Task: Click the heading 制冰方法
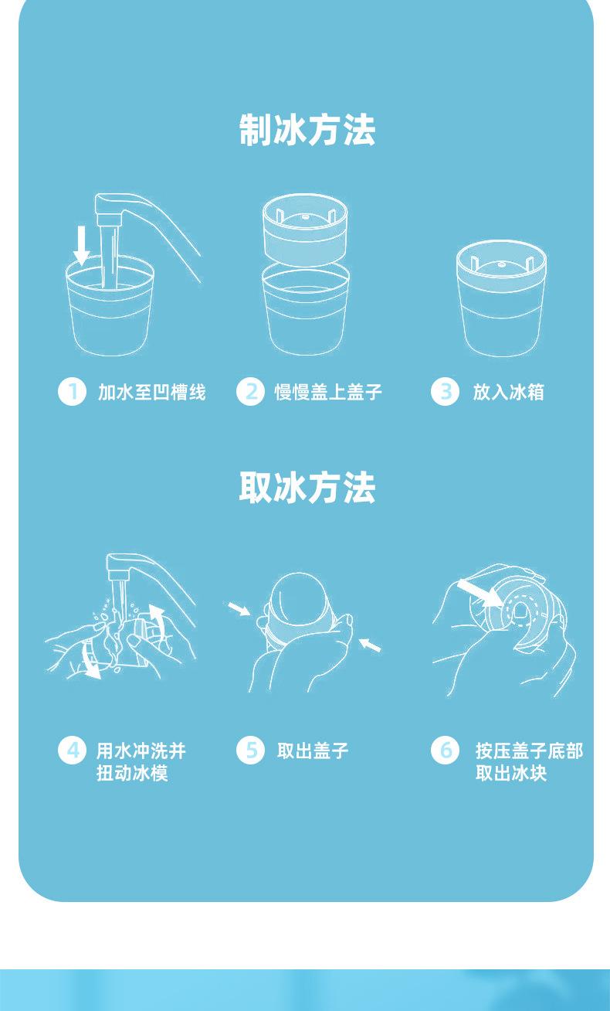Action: tap(307, 130)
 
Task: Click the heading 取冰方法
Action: tap(307, 488)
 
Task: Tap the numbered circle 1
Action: tap(72, 392)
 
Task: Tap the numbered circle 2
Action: tap(250, 392)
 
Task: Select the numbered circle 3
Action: tap(445, 392)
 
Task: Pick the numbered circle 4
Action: tap(72, 751)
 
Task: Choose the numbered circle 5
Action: tap(250, 751)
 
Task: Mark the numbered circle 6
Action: tap(445, 751)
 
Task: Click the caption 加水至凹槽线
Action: tap(152, 392)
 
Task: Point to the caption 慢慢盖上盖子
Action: tap(328, 392)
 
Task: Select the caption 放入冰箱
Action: tap(509, 392)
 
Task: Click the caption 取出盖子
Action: tap(313, 751)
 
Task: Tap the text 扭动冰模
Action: tap(132, 773)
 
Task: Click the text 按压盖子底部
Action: tap(529, 751)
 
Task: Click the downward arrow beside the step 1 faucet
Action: tap(81, 245)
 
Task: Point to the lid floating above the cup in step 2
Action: tap(305, 224)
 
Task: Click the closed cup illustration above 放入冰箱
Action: tap(501, 298)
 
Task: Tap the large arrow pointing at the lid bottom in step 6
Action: tap(480, 594)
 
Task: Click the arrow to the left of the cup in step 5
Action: tap(239, 608)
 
